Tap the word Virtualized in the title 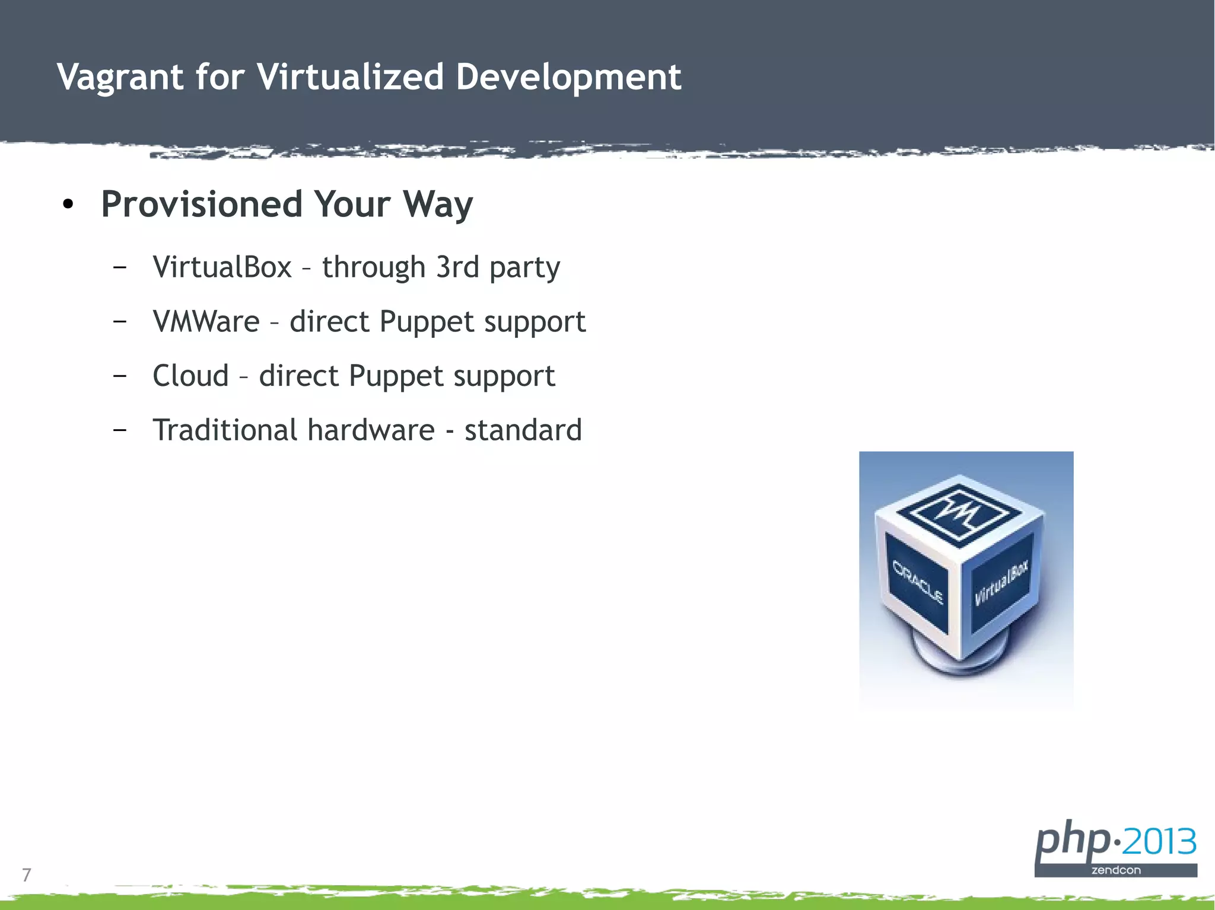coord(350,77)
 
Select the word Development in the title coord(568,77)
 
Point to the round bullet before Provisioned coord(68,205)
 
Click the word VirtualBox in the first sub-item coord(222,267)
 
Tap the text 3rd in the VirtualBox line coord(457,267)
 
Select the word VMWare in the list coord(206,321)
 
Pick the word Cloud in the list coord(190,376)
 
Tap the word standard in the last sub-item coord(523,430)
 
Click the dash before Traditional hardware coord(120,429)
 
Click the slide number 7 coord(26,874)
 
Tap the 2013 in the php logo coord(1160,841)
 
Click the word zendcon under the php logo coord(1115,870)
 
